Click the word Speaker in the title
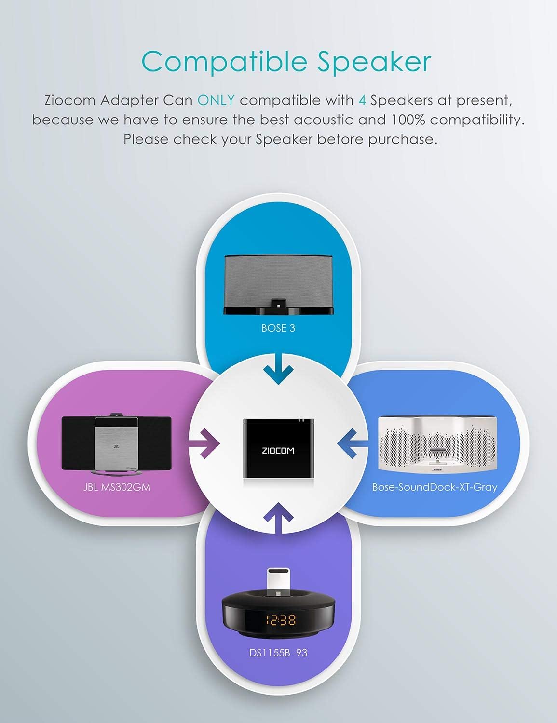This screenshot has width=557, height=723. (374, 62)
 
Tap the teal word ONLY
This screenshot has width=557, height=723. (217, 100)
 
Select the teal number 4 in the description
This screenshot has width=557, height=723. (363, 100)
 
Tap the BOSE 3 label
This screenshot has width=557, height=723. (278, 328)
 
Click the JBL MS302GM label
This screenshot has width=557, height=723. (116, 487)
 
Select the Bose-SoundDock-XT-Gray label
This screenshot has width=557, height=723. (434, 487)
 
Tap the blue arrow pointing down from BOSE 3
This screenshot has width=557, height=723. (278, 373)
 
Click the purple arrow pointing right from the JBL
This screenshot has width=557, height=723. (204, 443)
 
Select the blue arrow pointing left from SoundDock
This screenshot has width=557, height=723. (353, 443)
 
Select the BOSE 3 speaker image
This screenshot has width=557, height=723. (278, 284)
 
